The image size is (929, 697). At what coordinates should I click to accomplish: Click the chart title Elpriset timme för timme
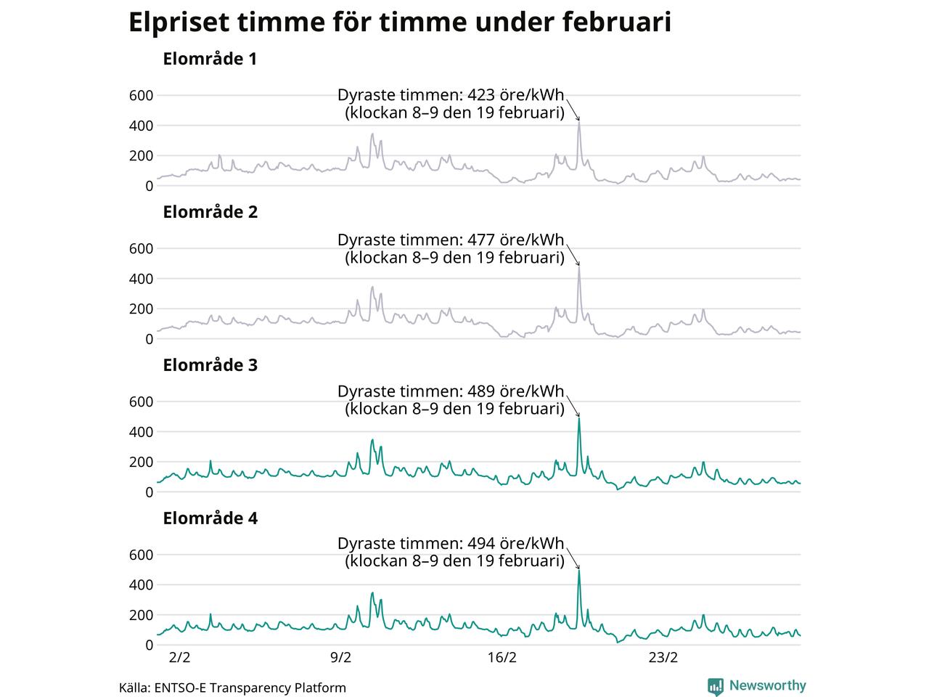[x=399, y=23]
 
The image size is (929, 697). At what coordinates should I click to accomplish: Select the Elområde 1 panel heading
[x=210, y=60]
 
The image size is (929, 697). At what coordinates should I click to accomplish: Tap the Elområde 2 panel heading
[x=210, y=213]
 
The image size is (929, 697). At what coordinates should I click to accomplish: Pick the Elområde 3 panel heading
[x=210, y=366]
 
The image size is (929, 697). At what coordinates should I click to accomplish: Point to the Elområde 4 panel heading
[x=210, y=519]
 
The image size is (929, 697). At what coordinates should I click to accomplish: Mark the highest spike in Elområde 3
[x=579, y=419]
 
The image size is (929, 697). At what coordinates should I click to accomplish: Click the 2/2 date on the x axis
[x=179, y=659]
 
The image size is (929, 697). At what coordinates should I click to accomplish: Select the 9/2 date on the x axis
[x=340, y=659]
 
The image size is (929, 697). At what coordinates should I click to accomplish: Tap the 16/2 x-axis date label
[x=502, y=659]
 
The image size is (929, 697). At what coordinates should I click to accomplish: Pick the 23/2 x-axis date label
[x=663, y=659]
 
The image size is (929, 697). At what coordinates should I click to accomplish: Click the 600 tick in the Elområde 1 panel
[x=141, y=96]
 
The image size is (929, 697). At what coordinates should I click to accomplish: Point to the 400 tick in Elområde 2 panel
[x=141, y=280]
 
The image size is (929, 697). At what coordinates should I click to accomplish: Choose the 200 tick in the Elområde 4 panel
[x=141, y=616]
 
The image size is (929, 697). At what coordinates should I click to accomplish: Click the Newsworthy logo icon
[x=716, y=686]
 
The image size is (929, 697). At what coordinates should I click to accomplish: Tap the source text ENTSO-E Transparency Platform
[x=250, y=688]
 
